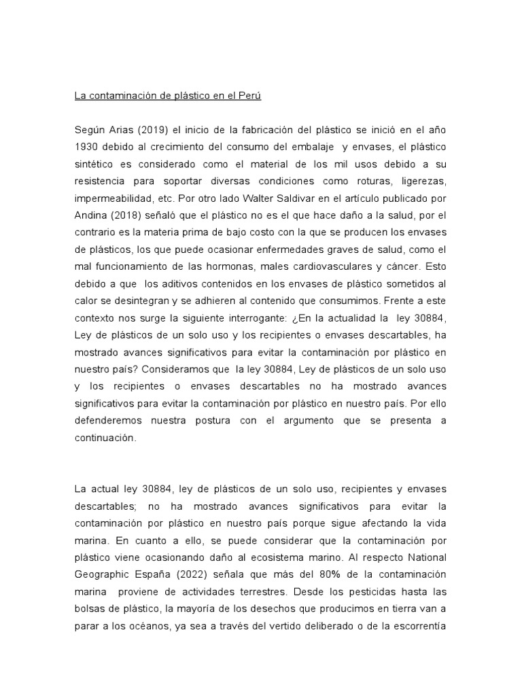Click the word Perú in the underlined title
(249, 96)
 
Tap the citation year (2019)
(157, 130)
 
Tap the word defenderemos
(112, 421)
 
